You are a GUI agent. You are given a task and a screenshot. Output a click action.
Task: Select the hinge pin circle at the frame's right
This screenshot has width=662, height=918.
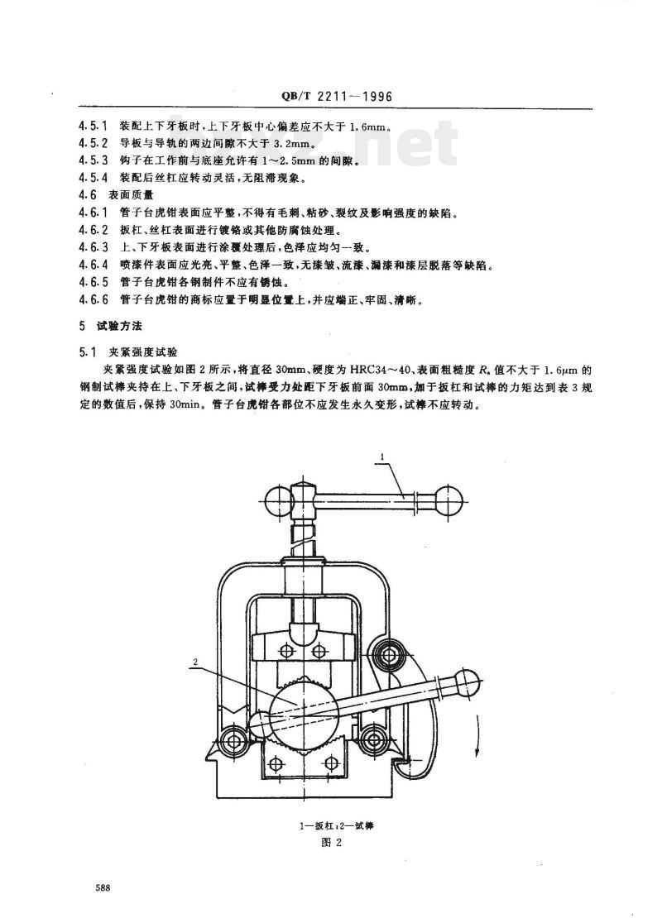pos(388,653)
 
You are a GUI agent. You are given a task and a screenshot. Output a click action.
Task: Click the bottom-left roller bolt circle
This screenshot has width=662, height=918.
pos(233,740)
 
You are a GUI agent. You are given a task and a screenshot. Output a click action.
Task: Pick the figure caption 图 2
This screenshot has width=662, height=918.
pos(331,843)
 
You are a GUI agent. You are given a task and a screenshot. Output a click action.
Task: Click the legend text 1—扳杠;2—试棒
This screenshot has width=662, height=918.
pos(332,826)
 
